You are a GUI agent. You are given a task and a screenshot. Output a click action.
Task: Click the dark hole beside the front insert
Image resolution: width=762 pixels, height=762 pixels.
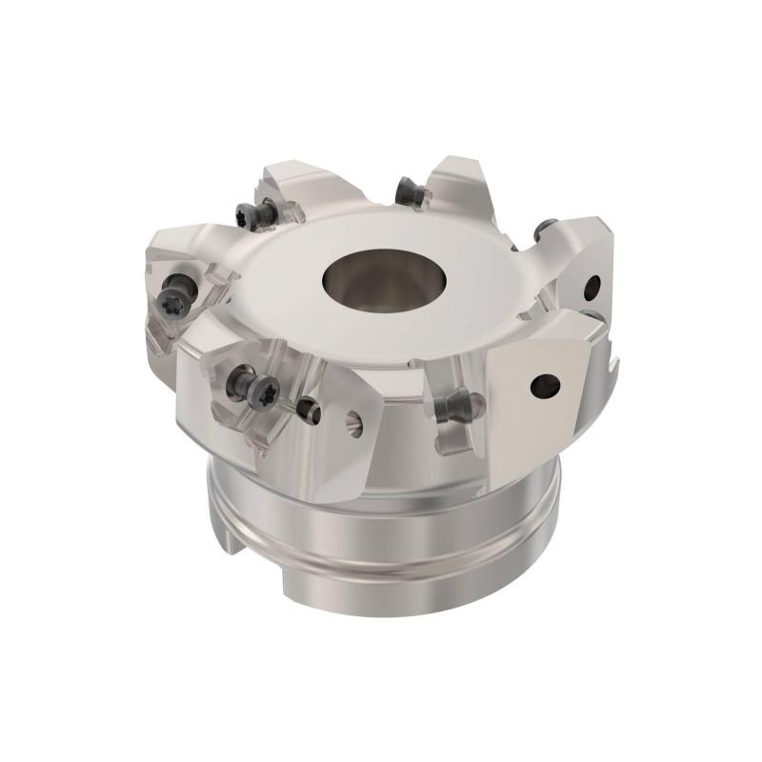tap(307, 410)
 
